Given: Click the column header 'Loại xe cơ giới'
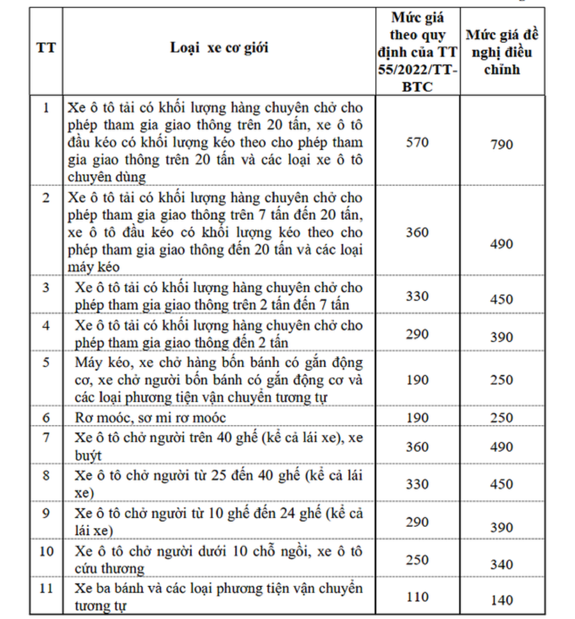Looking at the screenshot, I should tap(219, 48).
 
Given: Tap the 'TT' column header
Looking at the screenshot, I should tap(45, 49).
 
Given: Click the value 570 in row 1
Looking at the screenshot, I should tap(417, 142).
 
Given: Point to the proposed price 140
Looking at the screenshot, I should tap(502, 600).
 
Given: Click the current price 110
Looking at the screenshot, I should tap(417, 597).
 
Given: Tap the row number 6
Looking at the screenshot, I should tap(45, 418).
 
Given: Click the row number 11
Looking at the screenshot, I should tap(45, 588).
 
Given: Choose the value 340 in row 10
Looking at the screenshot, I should tap(502, 565).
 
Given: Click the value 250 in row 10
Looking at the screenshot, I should tap(417, 560).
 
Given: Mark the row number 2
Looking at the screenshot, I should tap(45, 198).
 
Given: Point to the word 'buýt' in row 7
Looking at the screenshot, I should tap(88, 455).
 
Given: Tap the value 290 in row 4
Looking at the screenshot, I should tap(417, 334).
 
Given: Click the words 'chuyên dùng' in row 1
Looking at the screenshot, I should tap(106, 176).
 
